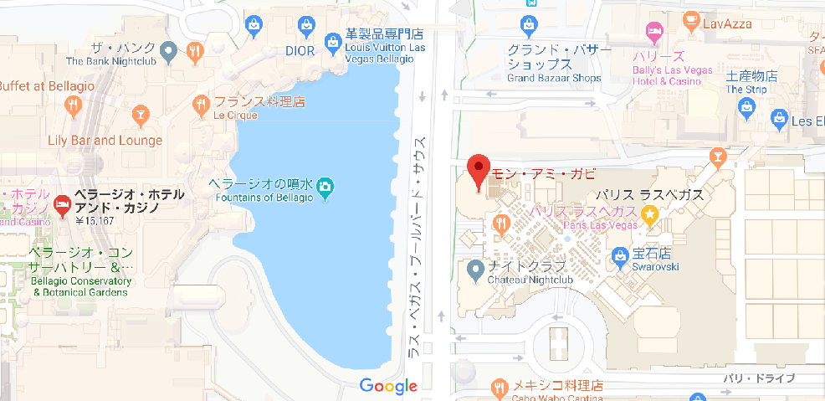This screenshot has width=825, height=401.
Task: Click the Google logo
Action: tap(388, 386)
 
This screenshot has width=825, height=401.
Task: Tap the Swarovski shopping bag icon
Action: tap(620, 254)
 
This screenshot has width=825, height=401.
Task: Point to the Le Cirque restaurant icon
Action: tap(201, 104)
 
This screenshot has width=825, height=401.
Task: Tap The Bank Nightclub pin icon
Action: tap(170, 52)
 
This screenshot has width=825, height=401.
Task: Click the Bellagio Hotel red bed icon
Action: tap(62, 204)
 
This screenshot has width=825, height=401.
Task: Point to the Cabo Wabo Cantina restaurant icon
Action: tap(500, 388)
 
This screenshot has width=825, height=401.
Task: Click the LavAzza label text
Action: tap(730, 23)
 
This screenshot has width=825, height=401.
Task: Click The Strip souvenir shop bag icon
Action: tap(746, 107)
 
